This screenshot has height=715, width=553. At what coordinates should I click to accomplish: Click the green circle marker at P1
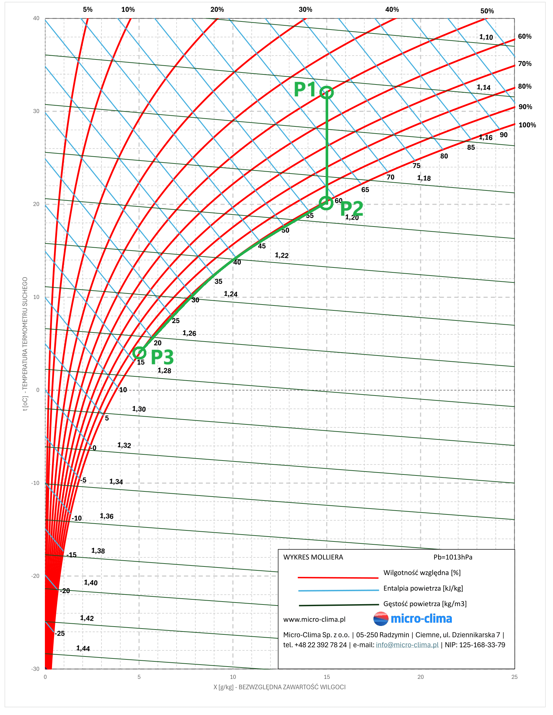[x=327, y=93]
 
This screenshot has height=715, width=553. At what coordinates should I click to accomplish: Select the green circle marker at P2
[x=326, y=203]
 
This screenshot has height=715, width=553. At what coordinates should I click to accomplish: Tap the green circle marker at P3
[x=140, y=353]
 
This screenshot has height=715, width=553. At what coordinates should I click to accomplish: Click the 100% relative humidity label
[x=527, y=125]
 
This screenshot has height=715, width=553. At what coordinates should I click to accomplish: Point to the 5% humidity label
[x=88, y=9]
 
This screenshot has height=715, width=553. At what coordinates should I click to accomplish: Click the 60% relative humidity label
[x=524, y=36]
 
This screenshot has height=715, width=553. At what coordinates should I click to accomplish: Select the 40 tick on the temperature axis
[x=36, y=18]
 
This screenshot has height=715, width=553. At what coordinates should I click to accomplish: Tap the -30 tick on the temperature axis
[x=35, y=669]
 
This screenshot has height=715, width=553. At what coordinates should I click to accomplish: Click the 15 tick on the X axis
[x=327, y=677]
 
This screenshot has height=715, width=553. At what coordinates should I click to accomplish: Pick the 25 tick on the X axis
[x=514, y=677]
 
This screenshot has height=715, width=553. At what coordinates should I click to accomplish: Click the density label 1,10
[x=486, y=37]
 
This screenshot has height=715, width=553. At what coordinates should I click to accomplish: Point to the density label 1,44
[x=83, y=648]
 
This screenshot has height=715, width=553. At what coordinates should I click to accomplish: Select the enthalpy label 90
[x=504, y=135]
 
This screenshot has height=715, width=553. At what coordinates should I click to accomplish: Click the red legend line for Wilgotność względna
[x=338, y=578]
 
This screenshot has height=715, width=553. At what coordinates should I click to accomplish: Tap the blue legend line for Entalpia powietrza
[x=338, y=590]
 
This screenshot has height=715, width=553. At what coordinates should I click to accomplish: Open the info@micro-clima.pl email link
[x=407, y=644]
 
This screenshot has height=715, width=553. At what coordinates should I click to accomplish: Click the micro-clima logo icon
[x=381, y=618]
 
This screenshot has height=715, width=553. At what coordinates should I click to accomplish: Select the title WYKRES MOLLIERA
[x=313, y=557]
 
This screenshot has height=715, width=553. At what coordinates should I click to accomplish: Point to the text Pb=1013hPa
[x=453, y=557]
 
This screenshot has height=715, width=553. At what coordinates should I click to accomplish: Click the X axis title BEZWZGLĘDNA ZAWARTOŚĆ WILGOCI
[x=291, y=687]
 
